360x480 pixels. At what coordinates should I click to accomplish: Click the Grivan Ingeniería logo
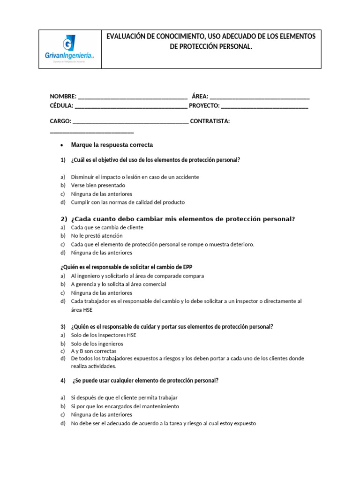(69, 49)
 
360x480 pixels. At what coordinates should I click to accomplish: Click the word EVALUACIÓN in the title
(129, 37)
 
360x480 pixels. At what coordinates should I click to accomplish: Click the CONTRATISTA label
(210, 121)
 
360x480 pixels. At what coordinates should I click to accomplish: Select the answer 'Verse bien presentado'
(98, 186)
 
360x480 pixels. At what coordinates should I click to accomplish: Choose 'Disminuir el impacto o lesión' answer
(135, 177)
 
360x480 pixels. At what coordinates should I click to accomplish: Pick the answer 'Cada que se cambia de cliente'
(107, 227)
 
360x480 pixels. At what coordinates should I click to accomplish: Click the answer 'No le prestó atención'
(97, 236)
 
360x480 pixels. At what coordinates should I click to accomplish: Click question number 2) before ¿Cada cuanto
(64, 219)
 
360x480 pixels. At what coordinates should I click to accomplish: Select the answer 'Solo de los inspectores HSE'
(104, 335)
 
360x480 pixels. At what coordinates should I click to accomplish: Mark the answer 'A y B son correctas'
(94, 351)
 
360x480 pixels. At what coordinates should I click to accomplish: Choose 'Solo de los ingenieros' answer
(97, 344)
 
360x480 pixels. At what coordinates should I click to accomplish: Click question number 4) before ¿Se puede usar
(63, 381)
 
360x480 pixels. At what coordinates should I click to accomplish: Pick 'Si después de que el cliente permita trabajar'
(124, 397)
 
